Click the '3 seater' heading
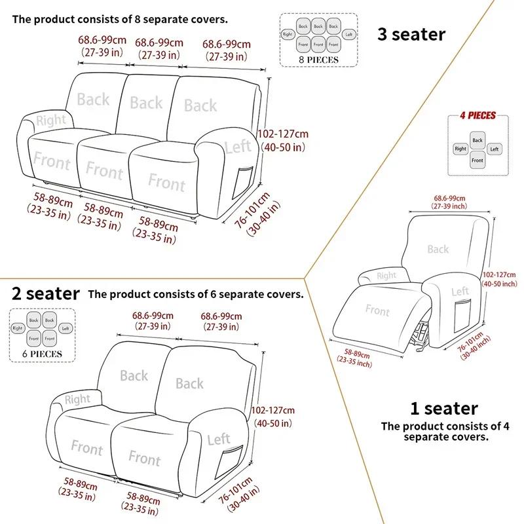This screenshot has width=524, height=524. (x=411, y=34)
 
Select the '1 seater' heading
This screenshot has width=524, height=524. (x=443, y=409)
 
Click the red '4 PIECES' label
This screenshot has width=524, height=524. (x=477, y=116)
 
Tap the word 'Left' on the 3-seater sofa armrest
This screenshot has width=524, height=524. (x=237, y=147)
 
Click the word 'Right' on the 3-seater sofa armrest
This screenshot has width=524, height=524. (x=50, y=120)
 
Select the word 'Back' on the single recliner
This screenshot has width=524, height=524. (x=438, y=249)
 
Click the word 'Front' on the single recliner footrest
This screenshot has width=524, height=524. (x=377, y=310)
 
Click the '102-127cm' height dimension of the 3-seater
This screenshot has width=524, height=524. (x=283, y=134)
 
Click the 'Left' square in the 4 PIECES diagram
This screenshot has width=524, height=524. (x=494, y=149)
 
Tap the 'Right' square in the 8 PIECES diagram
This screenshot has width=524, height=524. (x=288, y=33)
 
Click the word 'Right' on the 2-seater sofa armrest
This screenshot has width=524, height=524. (x=77, y=399)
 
